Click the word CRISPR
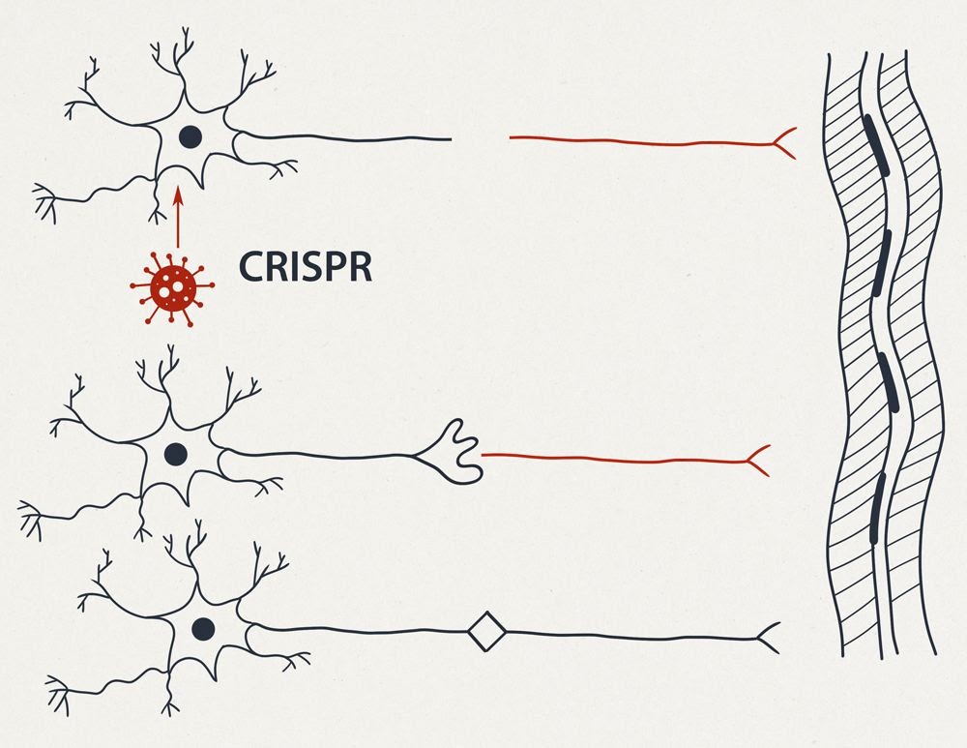(306, 266)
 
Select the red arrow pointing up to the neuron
(177, 217)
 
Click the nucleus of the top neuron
(190, 136)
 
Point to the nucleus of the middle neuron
(176, 453)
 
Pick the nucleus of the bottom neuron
(203, 629)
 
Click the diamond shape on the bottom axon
(486, 633)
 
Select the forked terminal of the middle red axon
(758, 461)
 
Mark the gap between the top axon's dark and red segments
(481, 138)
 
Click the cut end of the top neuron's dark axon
(449, 139)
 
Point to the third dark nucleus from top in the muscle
(890, 382)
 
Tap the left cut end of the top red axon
(513, 138)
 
